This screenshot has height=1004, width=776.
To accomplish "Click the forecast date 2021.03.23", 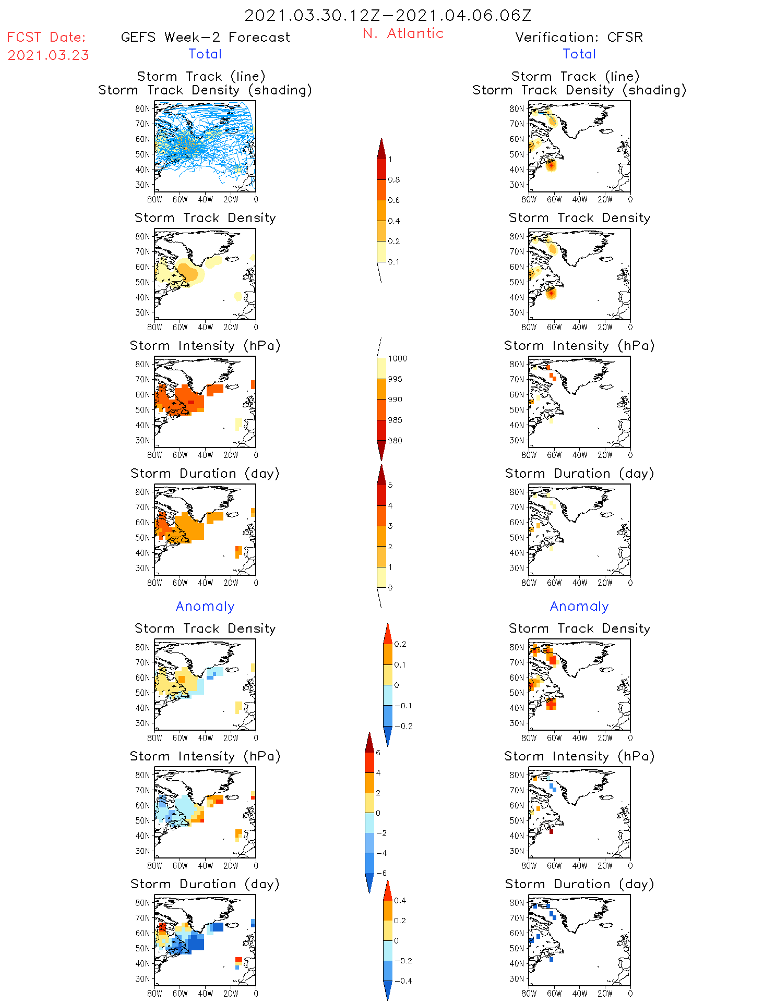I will [48, 55].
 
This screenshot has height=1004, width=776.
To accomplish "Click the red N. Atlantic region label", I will [403, 33].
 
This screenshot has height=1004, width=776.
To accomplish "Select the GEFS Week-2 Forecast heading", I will [205, 37].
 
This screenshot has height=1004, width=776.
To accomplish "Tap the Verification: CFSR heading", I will [579, 37].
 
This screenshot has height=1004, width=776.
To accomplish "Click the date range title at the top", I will [388, 15].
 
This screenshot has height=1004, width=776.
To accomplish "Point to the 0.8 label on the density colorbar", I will [394, 180].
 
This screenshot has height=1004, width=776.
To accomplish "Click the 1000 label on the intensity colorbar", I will [397, 359].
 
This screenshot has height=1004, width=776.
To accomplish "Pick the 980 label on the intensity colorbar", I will [395, 441].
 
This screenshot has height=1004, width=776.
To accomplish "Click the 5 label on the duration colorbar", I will [390, 485].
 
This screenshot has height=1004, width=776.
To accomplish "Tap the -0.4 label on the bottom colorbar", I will [403, 981].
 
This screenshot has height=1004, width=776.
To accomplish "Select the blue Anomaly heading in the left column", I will [205, 607].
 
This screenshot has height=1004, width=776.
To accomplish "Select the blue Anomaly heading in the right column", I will [579, 607].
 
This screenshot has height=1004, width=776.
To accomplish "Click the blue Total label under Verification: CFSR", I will [579, 54].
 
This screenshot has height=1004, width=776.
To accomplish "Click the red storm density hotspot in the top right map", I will [552, 165].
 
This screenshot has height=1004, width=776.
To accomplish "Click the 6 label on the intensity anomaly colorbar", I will [378, 753].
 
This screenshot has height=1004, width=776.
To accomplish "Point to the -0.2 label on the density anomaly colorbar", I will [403, 727].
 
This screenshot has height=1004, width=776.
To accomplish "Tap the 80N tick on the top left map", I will [142, 108].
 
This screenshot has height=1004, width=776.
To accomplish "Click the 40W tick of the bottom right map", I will [579, 994].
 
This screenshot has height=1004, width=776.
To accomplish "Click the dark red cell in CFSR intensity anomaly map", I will [551, 831].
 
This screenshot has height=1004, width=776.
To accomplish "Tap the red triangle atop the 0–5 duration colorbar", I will [381, 475].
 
